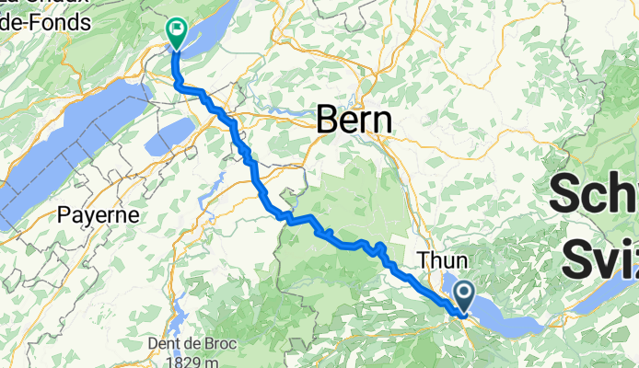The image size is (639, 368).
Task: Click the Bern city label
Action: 354,120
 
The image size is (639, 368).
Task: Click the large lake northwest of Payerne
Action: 64,138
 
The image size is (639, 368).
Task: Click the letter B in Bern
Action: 327,120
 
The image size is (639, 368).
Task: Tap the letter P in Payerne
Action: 63,215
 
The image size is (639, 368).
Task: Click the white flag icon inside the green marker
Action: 176,29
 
